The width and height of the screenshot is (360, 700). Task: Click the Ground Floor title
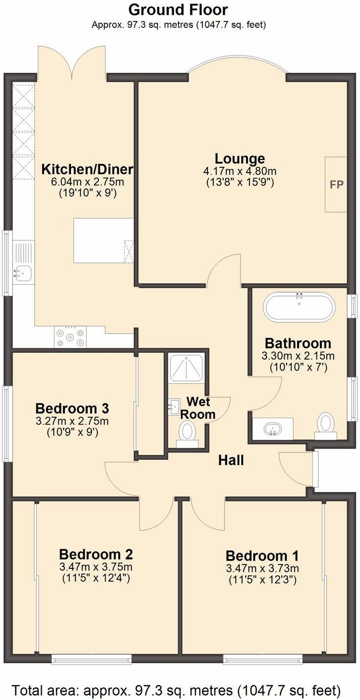click(x=179, y=9)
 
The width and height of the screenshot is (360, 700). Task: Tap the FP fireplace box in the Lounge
click(x=336, y=184)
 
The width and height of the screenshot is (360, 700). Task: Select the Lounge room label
click(x=240, y=158)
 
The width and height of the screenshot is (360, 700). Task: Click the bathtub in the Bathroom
click(x=299, y=308)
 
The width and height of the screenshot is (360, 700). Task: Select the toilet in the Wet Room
click(x=186, y=433)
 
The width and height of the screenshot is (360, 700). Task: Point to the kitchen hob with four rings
click(x=70, y=337)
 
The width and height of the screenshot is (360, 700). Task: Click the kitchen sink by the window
click(x=22, y=271)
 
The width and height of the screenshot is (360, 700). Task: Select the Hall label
click(x=231, y=460)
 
